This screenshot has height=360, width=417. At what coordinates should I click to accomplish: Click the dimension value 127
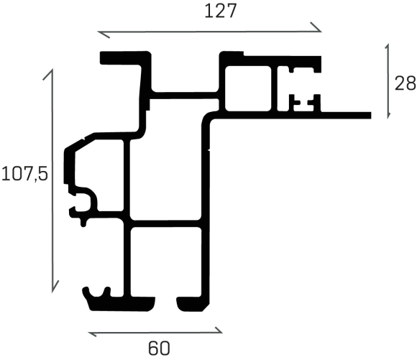(x=221, y=11)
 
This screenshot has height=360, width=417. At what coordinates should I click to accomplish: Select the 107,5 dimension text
(x=24, y=174)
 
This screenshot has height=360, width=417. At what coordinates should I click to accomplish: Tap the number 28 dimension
(x=405, y=83)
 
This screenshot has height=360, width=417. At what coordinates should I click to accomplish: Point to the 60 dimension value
(x=159, y=349)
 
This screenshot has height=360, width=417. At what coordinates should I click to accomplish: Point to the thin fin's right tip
(x=371, y=116)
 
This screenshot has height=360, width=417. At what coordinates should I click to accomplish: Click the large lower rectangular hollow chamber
(x=165, y=262)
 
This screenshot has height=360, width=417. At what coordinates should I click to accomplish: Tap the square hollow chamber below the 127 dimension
(x=248, y=88)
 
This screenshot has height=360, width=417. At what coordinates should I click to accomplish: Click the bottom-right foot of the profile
(x=193, y=304)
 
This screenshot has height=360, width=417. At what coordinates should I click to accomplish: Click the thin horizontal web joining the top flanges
(x=185, y=96)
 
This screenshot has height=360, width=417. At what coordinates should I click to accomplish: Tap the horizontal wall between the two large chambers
(x=165, y=224)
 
